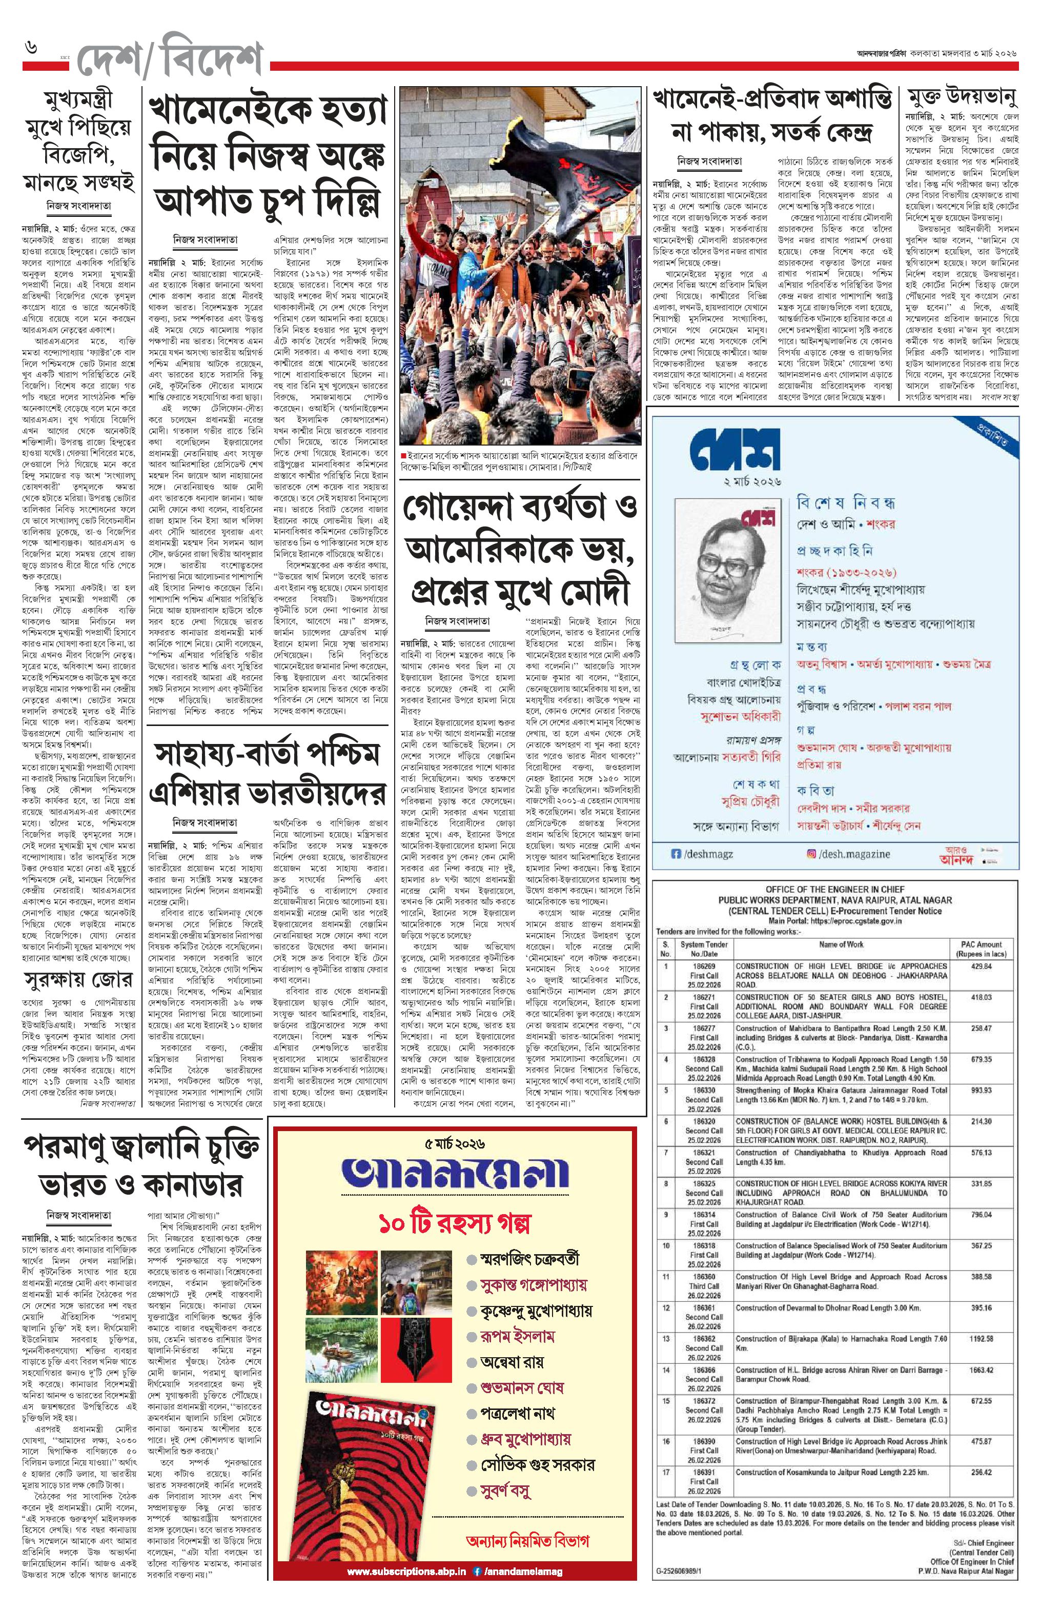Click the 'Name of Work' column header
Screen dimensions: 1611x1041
pyautogui.click(x=841, y=944)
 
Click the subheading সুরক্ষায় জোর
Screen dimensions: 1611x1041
pyautogui.click(x=78, y=980)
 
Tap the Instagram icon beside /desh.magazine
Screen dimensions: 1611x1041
pyautogui.click(x=812, y=854)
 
